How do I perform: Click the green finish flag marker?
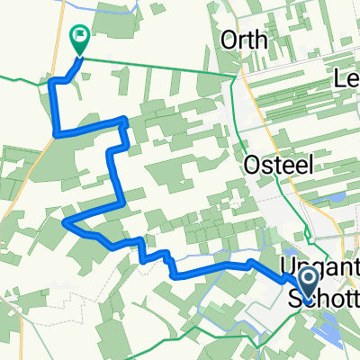79,40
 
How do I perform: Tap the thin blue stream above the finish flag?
117,7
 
